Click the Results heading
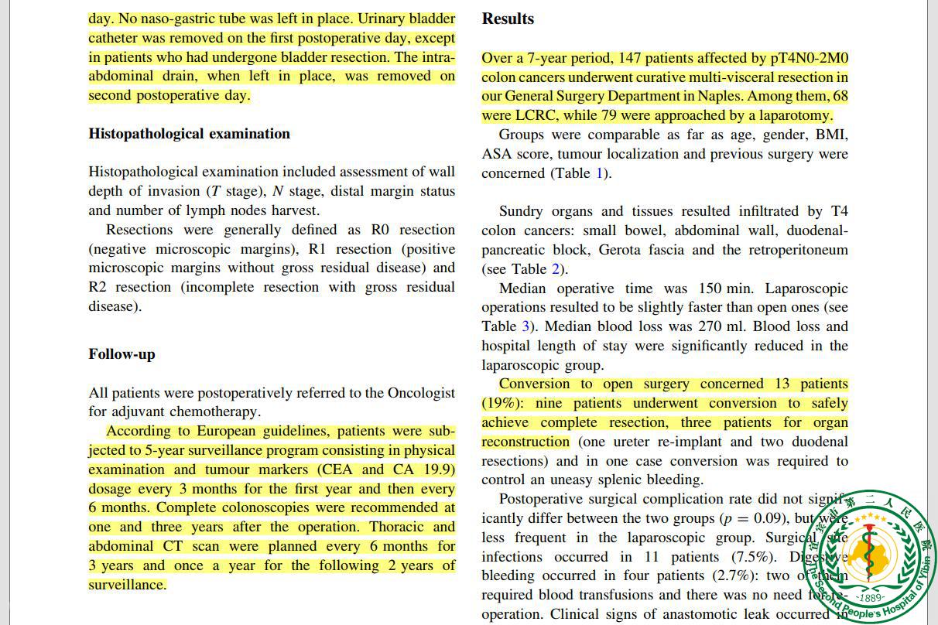pos(508,19)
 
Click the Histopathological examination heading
pos(189,134)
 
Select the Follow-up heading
pos(122,354)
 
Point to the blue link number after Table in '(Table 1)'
pos(598,173)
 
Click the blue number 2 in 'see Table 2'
pos(554,269)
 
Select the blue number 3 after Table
pos(525,326)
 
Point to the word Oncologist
pos(416,393)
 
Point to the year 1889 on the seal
pos(871,597)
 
